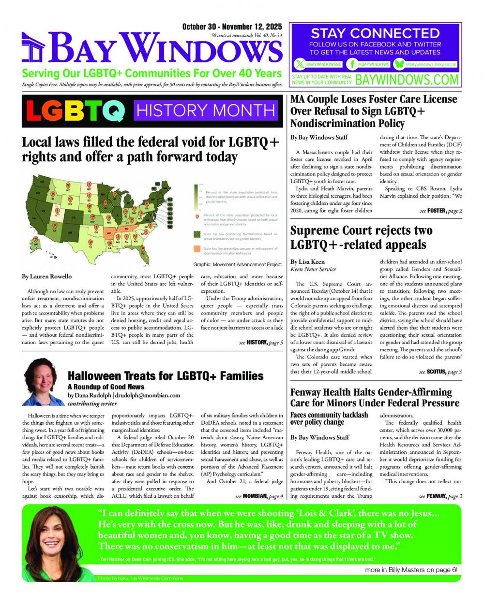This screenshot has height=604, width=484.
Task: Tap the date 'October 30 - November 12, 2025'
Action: coord(232,27)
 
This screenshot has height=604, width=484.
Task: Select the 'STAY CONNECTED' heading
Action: coord(375,33)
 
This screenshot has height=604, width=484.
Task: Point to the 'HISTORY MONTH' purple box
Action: coord(206,111)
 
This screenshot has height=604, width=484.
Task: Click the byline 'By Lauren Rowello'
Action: coord(46,276)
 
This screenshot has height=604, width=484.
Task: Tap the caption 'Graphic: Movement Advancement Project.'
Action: coord(238,264)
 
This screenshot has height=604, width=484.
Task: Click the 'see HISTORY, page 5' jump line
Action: coord(261,343)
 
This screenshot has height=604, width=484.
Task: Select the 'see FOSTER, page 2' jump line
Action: coord(440,211)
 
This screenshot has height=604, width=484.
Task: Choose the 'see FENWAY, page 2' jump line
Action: coord(440,496)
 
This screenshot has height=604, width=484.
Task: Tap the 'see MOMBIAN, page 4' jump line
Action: coord(259,496)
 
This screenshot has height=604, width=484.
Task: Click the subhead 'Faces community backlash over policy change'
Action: coord(329,418)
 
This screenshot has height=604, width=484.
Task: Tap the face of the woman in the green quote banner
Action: coord(53,534)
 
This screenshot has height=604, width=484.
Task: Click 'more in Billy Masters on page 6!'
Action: coord(411,570)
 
